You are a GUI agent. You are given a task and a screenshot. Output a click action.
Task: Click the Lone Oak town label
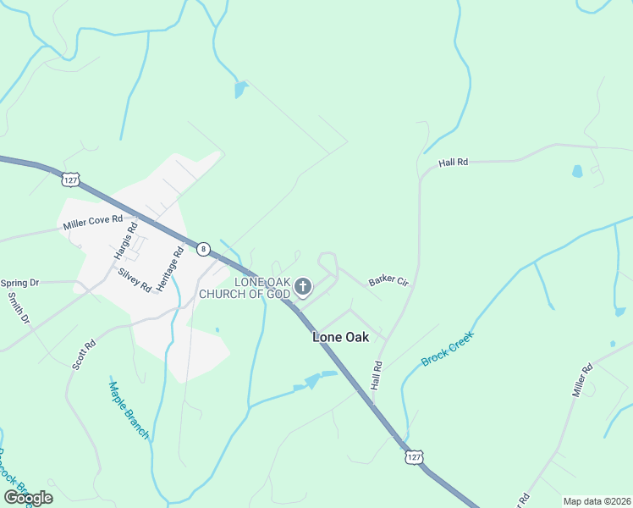coord(341,337)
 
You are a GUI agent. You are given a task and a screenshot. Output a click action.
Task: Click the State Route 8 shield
coord(203,249)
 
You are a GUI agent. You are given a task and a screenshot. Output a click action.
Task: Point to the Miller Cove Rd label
coord(93,224)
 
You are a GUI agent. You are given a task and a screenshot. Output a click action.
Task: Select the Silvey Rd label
coord(135,280)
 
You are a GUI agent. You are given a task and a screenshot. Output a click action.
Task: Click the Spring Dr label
coord(20,283)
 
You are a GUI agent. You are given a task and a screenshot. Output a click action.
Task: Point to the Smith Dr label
coord(19,308)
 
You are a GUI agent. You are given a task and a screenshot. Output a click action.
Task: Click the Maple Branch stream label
coord(129,410)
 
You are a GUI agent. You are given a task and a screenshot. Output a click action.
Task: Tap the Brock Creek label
coord(449,348)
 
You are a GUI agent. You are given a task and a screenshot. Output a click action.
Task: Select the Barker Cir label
coord(388,280)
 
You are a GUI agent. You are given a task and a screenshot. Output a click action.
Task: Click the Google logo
coord(28,498)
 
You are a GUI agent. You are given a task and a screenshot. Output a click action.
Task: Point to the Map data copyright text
coord(597,501)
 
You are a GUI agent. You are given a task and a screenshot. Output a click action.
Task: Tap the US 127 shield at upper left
coord(70,180)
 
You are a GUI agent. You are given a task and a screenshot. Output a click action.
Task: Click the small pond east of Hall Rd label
coord(577,171)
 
